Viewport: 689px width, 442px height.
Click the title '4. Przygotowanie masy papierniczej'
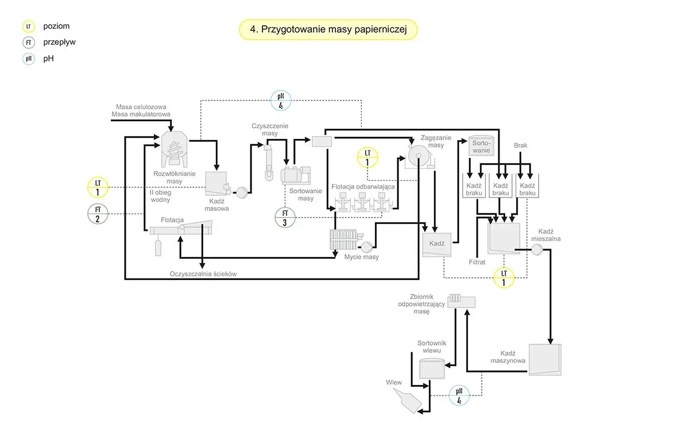pyautogui.click(x=328, y=30)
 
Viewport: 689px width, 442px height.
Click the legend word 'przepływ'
pyautogui.click(x=59, y=42)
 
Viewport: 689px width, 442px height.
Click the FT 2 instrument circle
pyautogui.click(x=98, y=214)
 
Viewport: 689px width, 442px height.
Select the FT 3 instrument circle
pyautogui.click(x=285, y=218)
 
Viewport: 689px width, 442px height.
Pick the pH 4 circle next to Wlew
pyautogui.click(x=459, y=396)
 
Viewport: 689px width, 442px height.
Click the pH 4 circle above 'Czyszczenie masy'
pyautogui.click(x=281, y=100)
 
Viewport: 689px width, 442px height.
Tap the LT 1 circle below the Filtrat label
pyautogui.click(x=504, y=278)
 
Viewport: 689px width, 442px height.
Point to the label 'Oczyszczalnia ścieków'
pyautogui.click(x=203, y=274)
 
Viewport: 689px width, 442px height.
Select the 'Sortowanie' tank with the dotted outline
pyautogui.click(x=480, y=146)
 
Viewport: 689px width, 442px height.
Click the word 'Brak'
pyautogui.click(x=520, y=146)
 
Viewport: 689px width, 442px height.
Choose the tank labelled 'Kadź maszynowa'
pyautogui.click(x=544, y=359)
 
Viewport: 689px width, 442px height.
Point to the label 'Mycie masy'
pyautogui.click(x=362, y=257)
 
